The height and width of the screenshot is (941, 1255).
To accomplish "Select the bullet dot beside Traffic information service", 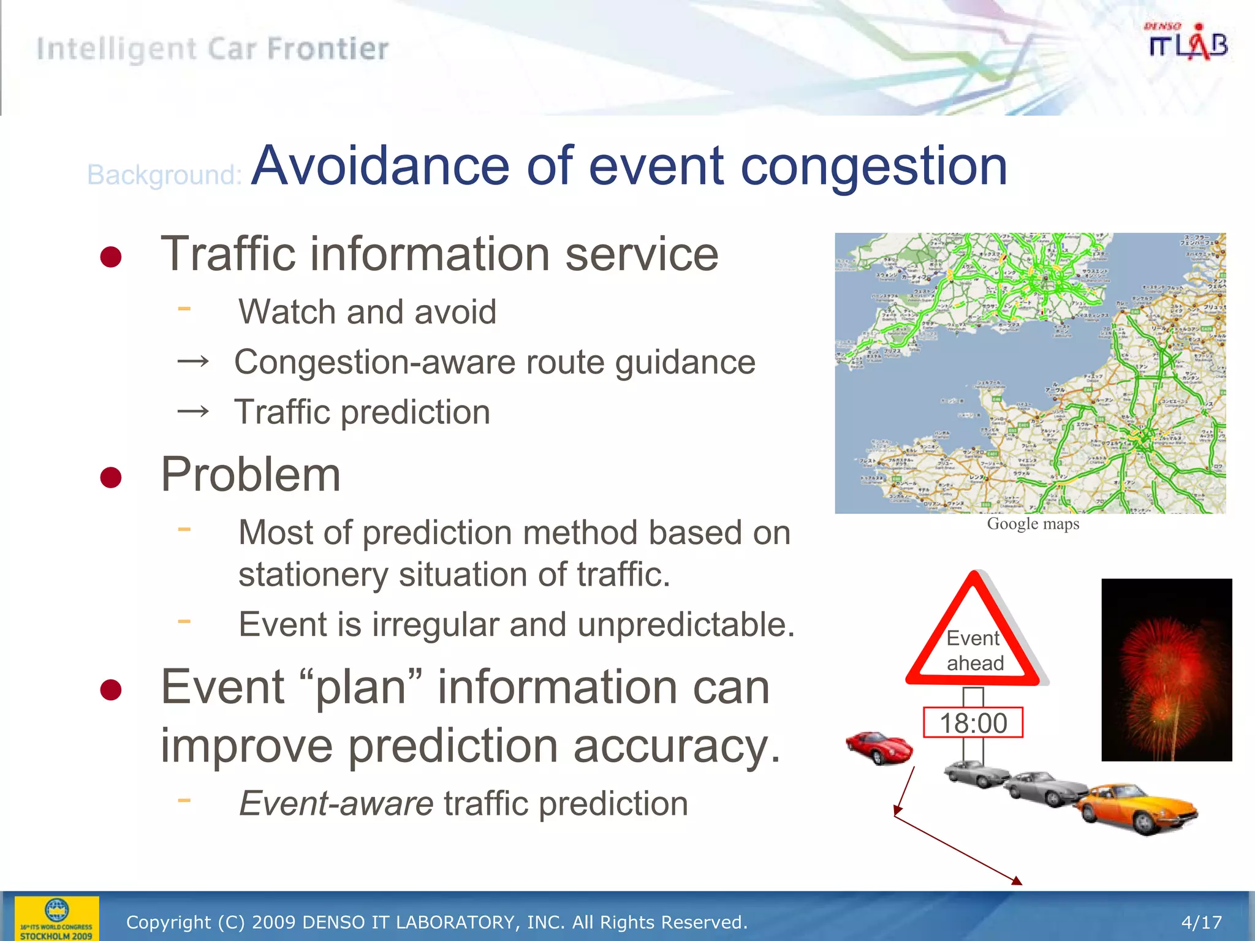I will click(x=111, y=257).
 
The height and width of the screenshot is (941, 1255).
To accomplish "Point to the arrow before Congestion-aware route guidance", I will click(x=193, y=362).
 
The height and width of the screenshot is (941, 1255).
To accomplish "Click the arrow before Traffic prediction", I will click(x=193, y=411).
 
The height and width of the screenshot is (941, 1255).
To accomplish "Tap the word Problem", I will click(x=251, y=475).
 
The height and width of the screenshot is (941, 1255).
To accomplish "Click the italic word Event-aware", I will click(x=336, y=803).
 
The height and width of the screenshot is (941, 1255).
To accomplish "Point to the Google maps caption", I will click(x=1033, y=524).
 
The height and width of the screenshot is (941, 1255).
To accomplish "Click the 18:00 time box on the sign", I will click(x=973, y=723).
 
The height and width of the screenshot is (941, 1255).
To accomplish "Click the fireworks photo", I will click(x=1166, y=670).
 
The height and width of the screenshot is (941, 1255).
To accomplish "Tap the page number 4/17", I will click(x=1201, y=922).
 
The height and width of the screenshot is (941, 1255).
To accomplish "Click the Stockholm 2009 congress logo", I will click(x=56, y=918).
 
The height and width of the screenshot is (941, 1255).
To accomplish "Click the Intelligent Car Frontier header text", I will click(x=213, y=49).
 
